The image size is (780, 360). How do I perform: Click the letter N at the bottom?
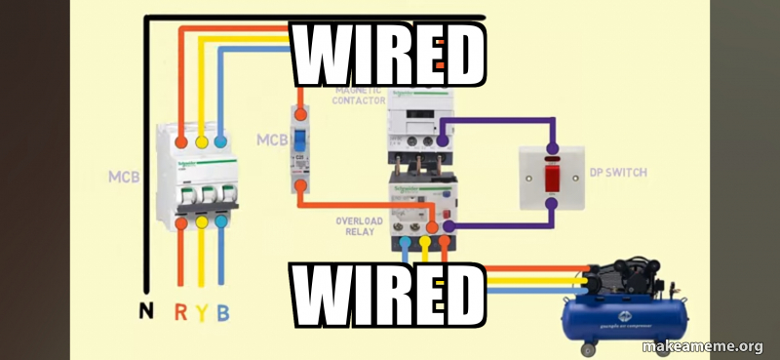pos(145,312)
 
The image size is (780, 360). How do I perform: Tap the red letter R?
pos(181,312)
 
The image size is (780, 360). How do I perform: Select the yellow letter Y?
pos(202,312)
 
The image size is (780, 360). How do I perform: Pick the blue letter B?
pos(223,312)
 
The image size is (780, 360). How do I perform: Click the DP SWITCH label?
pos(618,173)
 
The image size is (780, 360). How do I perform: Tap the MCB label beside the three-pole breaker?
pos(123,178)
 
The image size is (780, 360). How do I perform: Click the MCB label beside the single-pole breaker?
pos(271,140)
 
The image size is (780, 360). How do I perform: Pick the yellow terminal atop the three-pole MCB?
pos(202,141)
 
